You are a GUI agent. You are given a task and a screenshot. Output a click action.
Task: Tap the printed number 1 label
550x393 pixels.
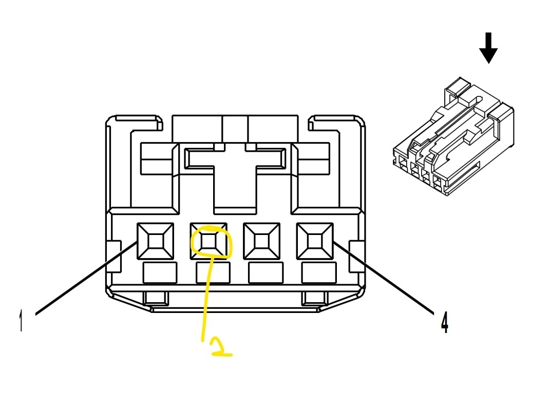pos(21,321)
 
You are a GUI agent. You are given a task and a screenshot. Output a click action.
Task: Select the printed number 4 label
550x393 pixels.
pos(445,322)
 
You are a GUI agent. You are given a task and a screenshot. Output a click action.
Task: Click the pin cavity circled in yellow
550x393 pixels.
pos(209,241)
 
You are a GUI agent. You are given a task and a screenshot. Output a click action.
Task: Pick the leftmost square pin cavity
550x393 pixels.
pos(155,241)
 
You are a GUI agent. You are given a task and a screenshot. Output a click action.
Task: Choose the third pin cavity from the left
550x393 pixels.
pos(262,241)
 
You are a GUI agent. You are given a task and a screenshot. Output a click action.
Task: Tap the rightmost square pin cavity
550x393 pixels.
pos(315,241)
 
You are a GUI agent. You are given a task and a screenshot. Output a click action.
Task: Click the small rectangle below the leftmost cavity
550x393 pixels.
pos(160,272)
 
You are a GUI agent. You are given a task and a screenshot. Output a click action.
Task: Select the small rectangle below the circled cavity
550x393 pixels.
pos(213,272)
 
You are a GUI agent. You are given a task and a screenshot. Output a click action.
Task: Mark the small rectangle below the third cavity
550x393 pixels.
pos(265,272)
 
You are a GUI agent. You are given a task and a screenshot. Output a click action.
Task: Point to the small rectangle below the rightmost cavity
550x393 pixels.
pos(318,272)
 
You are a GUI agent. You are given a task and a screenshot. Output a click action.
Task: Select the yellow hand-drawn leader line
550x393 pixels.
pos(207,298)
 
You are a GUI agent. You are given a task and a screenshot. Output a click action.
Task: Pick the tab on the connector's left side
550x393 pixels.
pos(113,256)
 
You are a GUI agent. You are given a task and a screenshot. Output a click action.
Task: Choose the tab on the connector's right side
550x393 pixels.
pos(356,256)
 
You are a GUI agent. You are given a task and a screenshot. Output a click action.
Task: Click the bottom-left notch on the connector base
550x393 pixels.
pos(156,297)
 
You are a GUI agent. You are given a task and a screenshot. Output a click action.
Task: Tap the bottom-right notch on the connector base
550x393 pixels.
pos(314,297)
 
